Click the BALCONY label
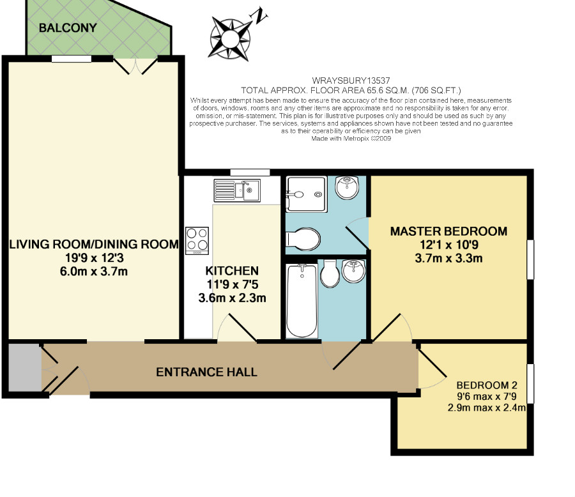click(x=68, y=27)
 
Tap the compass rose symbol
click(x=230, y=39)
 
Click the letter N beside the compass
click(x=259, y=15)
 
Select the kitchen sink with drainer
click(x=237, y=190)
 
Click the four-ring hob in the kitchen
click(x=197, y=241)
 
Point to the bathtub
click(x=302, y=300)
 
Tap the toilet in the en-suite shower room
click(x=303, y=239)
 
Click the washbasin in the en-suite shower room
click(x=346, y=187)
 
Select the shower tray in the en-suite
click(x=306, y=194)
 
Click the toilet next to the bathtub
click(x=330, y=273)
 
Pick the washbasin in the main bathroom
click(x=353, y=271)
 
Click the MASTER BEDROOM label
click(x=448, y=231)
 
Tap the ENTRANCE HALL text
click(x=206, y=372)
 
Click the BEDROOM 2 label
click(x=487, y=385)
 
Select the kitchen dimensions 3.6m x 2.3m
click(x=232, y=298)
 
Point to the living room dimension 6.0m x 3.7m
click(x=94, y=271)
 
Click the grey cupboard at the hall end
click(x=24, y=368)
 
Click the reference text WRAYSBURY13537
click(x=351, y=80)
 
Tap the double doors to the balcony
click(x=135, y=66)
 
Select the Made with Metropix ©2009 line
click(x=351, y=139)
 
